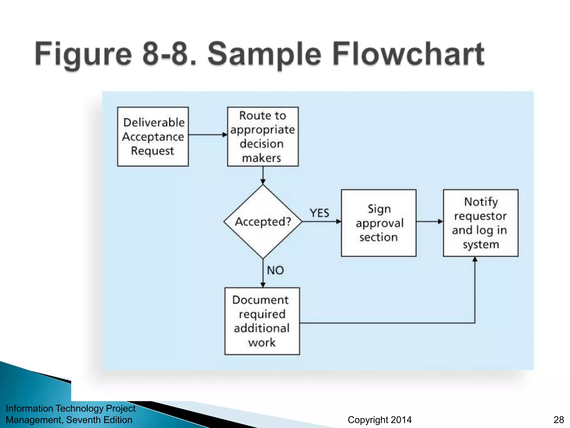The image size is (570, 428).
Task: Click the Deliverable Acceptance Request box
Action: coord(153,137)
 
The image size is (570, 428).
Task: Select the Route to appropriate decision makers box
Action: coord(263,137)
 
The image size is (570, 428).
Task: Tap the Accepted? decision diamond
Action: coord(263,222)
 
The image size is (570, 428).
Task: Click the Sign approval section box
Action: coord(379,223)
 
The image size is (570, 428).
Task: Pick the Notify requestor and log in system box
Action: coord(481,223)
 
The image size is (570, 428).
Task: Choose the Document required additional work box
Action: coord(262,321)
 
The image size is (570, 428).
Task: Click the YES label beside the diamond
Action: coord(319,213)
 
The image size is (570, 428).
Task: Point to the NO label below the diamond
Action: coord(275,270)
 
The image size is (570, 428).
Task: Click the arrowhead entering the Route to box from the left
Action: coord(225,135)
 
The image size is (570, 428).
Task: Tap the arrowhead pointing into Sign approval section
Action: coord(338,222)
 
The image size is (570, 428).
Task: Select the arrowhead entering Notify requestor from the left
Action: coord(440,222)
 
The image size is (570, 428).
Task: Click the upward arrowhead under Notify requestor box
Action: coord(475,259)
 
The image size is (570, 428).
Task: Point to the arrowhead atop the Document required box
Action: coord(263,285)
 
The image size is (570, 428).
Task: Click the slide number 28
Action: coord(559,420)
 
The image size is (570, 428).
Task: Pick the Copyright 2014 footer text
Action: coord(379,420)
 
